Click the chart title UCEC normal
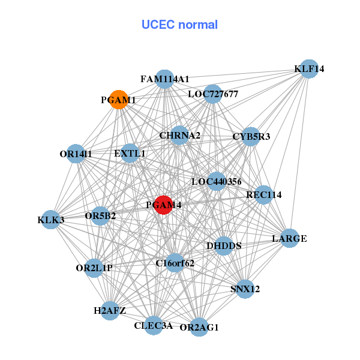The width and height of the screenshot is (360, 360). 179,25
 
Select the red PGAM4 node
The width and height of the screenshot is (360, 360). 164,205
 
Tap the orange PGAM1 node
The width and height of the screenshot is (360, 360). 119,100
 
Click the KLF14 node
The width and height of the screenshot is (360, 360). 308,69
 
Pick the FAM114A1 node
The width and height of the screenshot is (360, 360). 164,79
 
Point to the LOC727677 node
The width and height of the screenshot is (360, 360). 212,94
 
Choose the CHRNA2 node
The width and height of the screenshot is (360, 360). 179,135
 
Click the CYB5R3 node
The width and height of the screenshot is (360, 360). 251,137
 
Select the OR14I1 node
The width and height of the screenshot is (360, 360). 76,154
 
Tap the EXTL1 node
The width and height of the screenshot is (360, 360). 130,154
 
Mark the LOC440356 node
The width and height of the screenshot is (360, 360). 217,181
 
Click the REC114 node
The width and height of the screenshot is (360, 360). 263,194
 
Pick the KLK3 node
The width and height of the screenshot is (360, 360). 51,220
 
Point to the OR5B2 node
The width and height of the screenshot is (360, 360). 100,215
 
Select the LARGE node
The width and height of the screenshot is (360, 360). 289,238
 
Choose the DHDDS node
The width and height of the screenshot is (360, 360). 223,245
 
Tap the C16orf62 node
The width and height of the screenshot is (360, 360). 175,262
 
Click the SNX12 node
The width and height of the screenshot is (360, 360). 245,289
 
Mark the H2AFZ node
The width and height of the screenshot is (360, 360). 110,310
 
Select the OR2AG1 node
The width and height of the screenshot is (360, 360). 199,327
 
